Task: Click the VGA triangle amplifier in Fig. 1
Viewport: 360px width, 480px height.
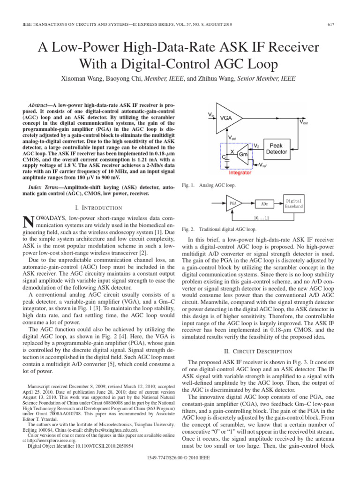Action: click(229, 118)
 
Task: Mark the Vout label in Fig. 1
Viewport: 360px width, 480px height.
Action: click(303, 123)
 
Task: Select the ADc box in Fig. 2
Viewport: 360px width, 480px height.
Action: click(264, 204)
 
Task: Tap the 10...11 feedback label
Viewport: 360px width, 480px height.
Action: click(261, 218)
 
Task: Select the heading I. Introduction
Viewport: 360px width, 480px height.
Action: click(96, 208)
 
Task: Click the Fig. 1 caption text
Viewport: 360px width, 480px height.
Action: click(205, 186)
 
